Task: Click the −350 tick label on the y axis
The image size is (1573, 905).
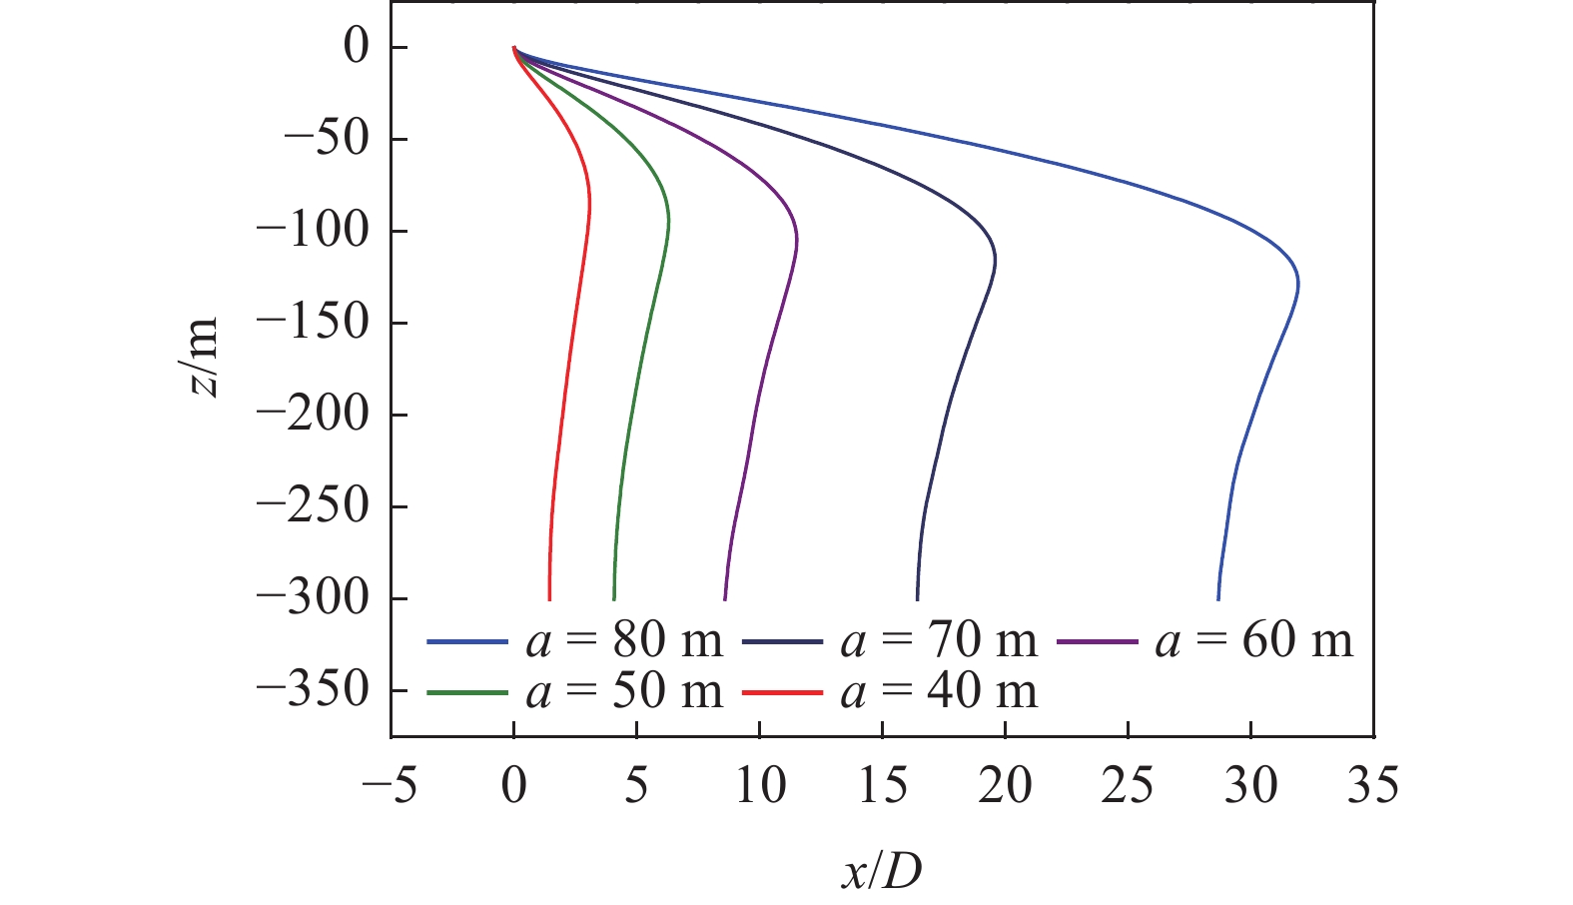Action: pyautogui.click(x=313, y=690)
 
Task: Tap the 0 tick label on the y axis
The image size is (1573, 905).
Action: pyautogui.click(x=356, y=47)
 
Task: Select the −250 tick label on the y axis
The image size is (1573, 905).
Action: pyautogui.click(x=313, y=506)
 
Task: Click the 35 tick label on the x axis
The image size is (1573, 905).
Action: pyautogui.click(x=1373, y=786)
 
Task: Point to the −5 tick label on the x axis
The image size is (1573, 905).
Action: pyautogui.click(x=390, y=786)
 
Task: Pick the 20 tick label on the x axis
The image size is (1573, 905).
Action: pyautogui.click(x=1005, y=786)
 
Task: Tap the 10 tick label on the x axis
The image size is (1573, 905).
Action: pyautogui.click(x=759, y=786)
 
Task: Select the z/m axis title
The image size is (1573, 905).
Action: pyautogui.click(x=205, y=357)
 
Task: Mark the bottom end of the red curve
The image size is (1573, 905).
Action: pyautogui.click(x=549, y=598)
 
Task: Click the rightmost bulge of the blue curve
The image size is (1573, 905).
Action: pyautogui.click(x=1297, y=284)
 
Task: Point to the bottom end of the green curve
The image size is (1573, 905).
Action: pyautogui.click(x=613, y=598)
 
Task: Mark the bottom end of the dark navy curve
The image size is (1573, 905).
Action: pyautogui.click(x=917, y=598)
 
